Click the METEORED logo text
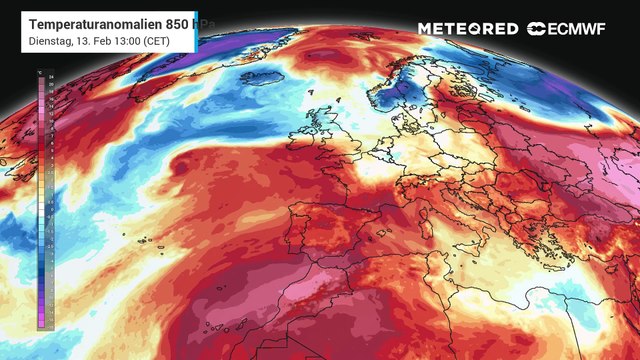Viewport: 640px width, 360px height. pos(467,29)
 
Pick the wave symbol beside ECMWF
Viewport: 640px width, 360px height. pos(538,29)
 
